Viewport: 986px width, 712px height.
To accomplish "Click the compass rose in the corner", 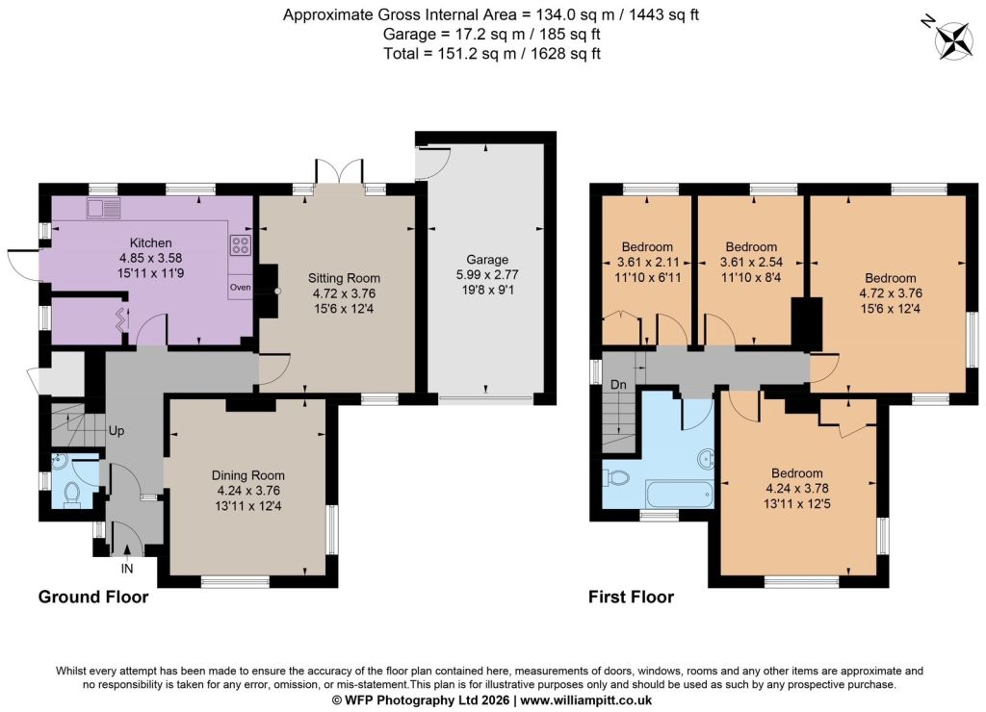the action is pyautogui.click(x=953, y=41).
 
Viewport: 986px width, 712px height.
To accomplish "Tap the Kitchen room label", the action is pyautogui.click(x=151, y=242).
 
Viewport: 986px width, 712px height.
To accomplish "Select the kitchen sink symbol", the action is pyautogui.click(x=104, y=208).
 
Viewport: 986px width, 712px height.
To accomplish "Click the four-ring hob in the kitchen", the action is pyautogui.click(x=241, y=244).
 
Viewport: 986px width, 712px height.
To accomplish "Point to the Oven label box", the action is pyautogui.click(x=240, y=287).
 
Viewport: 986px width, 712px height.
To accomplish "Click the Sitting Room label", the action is pyautogui.click(x=344, y=278).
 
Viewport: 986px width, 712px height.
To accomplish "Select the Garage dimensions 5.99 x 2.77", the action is pyautogui.click(x=487, y=274).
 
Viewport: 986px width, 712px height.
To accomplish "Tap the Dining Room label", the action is pyautogui.click(x=248, y=475).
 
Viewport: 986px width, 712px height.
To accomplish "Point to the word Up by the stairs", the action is pyautogui.click(x=117, y=431).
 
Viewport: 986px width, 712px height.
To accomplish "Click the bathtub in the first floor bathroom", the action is pyautogui.click(x=679, y=494).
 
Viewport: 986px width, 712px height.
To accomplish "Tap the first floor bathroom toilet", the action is pyautogui.click(x=616, y=477).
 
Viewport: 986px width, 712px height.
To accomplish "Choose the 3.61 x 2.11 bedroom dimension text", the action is pyautogui.click(x=647, y=262).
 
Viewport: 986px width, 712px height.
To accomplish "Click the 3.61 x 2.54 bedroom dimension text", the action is pyautogui.click(x=751, y=262).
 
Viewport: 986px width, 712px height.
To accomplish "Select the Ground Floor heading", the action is pyautogui.click(x=93, y=597).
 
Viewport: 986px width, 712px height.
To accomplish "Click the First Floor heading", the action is pyautogui.click(x=632, y=597).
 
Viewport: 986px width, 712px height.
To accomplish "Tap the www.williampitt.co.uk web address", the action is pyautogui.click(x=586, y=700).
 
